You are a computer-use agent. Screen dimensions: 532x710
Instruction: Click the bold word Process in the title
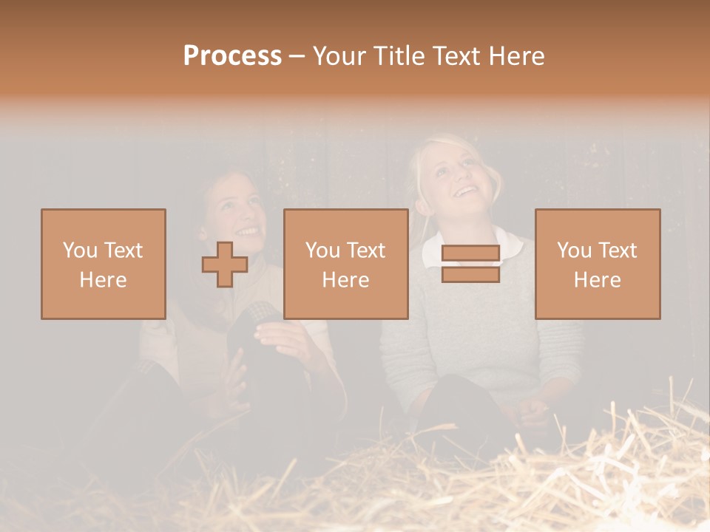(232, 56)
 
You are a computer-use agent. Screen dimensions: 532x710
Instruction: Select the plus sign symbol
(225, 265)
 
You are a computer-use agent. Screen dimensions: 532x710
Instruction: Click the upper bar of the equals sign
(470, 253)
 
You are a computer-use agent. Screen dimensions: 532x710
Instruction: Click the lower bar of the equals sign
(470, 275)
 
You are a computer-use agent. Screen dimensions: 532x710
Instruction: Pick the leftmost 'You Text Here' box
(103, 264)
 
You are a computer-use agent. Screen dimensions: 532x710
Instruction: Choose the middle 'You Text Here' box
(345, 264)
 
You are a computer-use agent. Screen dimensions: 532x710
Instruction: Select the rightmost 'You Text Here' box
(597, 264)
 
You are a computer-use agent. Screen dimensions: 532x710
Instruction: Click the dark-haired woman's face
(239, 211)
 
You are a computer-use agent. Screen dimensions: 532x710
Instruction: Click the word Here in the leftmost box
(103, 280)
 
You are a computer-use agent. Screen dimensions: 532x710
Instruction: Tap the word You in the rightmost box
(573, 250)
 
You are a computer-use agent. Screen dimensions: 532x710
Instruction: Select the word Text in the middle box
(368, 250)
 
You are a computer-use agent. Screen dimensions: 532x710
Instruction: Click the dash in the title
(297, 56)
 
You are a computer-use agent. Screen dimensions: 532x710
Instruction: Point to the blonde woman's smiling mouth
(466, 192)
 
